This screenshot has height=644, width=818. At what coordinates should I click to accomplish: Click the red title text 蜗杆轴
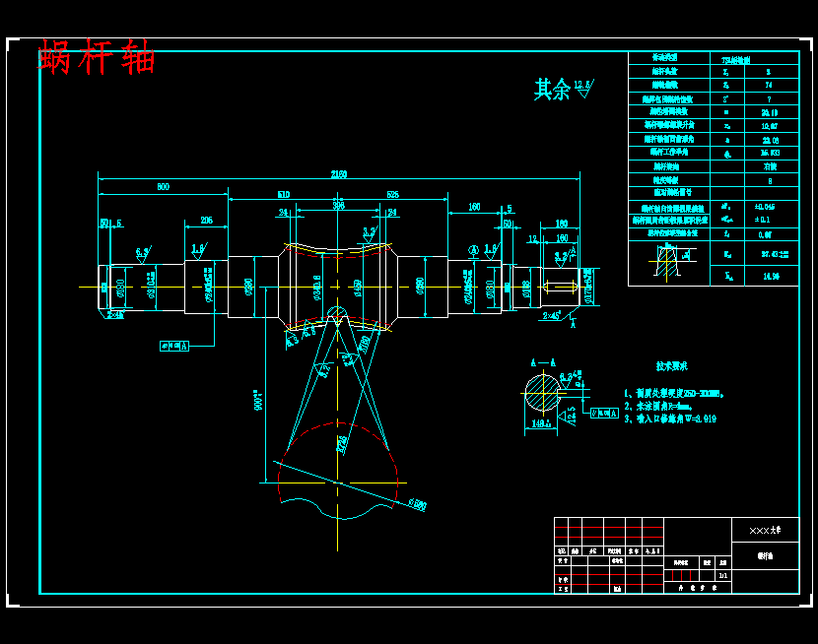(x=97, y=57)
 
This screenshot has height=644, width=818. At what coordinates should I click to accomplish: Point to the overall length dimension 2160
(x=338, y=174)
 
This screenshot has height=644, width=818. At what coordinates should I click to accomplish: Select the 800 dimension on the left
(x=163, y=186)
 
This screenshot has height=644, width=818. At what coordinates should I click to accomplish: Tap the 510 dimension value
(x=283, y=195)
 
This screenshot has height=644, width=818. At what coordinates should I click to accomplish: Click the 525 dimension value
(x=392, y=195)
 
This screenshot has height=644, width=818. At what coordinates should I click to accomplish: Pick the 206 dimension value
(x=206, y=220)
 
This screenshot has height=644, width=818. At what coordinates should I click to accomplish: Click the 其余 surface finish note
(x=552, y=90)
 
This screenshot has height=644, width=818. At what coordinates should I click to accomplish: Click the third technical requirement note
(x=670, y=419)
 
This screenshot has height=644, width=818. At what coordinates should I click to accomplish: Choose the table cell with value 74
(x=768, y=86)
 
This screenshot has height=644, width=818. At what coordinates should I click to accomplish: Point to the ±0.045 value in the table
(x=764, y=208)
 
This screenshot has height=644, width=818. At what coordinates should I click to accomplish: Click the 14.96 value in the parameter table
(x=770, y=277)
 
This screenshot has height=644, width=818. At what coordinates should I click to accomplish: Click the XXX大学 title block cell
(x=764, y=530)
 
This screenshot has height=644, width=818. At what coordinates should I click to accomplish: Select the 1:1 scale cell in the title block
(x=722, y=576)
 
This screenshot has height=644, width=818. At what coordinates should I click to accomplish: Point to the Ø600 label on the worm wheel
(x=418, y=504)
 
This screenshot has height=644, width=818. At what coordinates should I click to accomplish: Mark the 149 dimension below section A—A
(x=539, y=423)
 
